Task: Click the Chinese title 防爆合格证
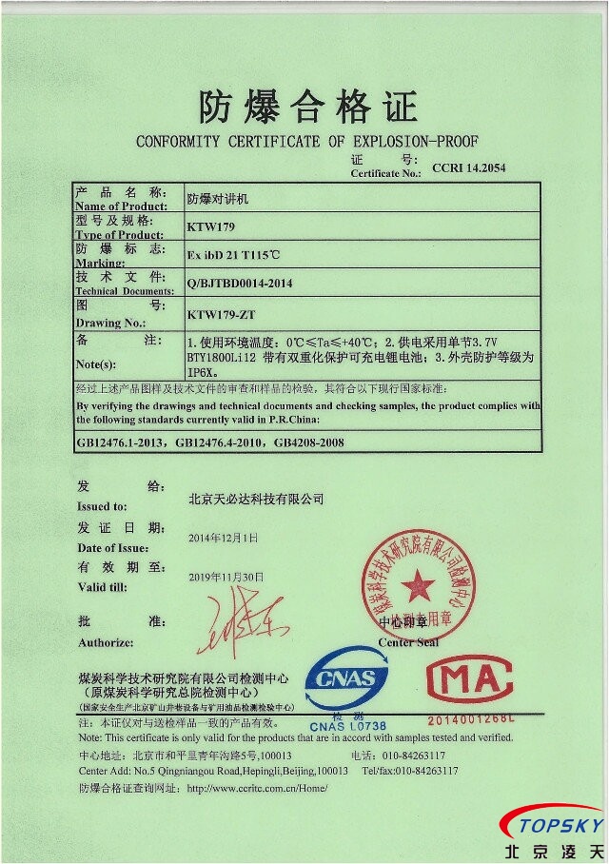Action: click(x=307, y=107)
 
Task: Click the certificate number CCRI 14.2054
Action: click(x=469, y=167)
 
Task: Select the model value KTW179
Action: click(x=210, y=227)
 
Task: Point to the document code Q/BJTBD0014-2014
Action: click(x=240, y=284)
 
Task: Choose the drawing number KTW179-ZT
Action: click(x=222, y=313)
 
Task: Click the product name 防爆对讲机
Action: click(x=218, y=201)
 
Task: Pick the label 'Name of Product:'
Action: click(x=121, y=206)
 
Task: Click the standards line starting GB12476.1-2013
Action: click(x=209, y=442)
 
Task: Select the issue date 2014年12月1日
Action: click(x=223, y=538)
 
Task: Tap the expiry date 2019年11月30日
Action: click(x=226, y=578)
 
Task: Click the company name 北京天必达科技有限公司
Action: click(x=256, y=499)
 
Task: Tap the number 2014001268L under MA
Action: click(x=470, y=720)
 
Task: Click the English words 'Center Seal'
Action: click(x=408, y=642)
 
